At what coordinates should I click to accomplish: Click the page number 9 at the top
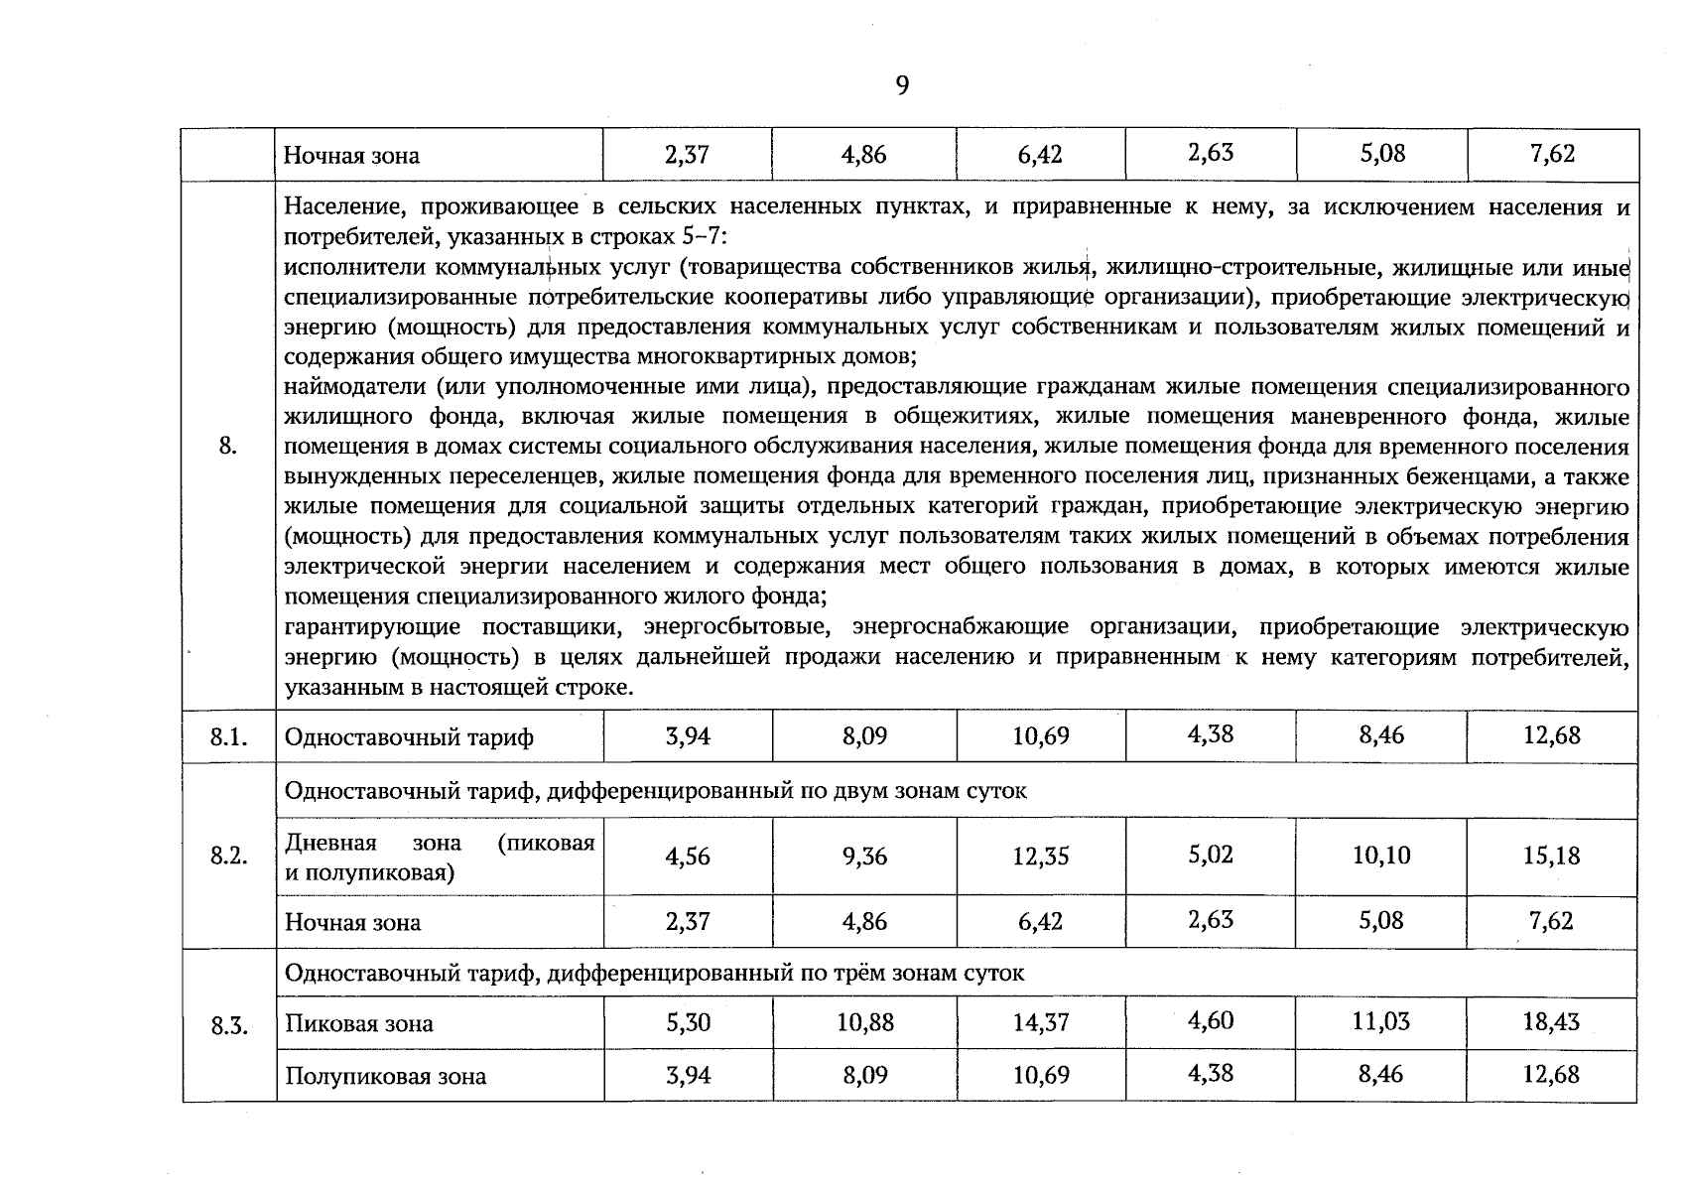tap(901, 86)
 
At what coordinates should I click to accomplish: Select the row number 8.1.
tap(228, 737)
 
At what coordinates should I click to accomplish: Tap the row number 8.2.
tap(228, 857)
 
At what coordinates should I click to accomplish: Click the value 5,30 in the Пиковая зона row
tap(688, 1022)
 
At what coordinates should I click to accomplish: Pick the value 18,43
tap(1551, 1021)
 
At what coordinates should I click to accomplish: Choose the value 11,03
tap(1380, 1021)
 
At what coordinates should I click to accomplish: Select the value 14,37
tap(1041, 1022)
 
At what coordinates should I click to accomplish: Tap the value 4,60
tap(1211, 1020)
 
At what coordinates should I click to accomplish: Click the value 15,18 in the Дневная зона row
tap(1551, 856)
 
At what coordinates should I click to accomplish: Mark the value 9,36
tap(864, 856)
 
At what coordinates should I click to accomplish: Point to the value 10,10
tap(1380, 855)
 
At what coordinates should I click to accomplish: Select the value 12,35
tap(1041, 856)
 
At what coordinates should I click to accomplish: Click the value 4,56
tap(688, 856)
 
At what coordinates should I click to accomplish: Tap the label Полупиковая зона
tap(385, 1077)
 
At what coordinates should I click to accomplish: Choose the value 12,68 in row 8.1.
tap(1551, 735)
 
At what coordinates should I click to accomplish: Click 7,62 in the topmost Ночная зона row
tap(1552, 154)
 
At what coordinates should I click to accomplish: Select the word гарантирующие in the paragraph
tap(372, 627)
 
